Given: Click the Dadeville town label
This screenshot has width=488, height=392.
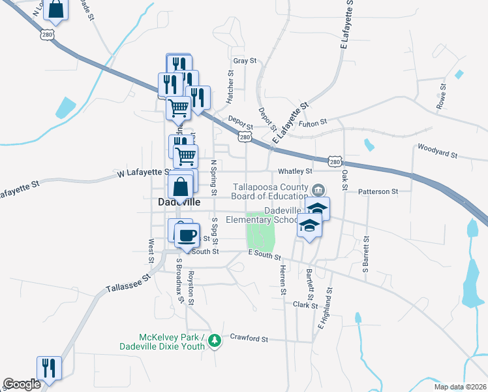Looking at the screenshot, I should coord(179,202).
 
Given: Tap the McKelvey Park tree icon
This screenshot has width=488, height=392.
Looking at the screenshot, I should coord(212,341).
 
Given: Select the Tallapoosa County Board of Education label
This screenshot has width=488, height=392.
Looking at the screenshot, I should coord(271,191).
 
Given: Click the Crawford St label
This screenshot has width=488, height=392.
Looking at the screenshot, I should coord(249,338).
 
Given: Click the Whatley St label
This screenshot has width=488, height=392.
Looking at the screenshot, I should coord(296,171).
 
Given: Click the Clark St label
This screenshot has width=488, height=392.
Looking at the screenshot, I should coord(304,304).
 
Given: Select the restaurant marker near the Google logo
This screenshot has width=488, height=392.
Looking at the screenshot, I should coord(49,368).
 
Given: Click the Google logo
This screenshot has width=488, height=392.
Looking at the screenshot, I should coord(22,384).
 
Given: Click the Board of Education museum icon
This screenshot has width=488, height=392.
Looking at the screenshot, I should coord(318,190).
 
